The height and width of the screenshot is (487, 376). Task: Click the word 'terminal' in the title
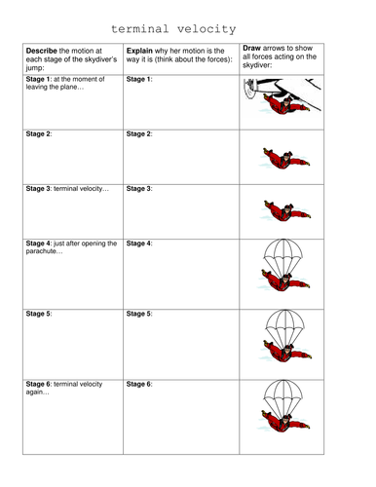click(x=140, y=29)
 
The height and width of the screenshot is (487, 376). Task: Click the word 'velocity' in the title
click(x=207, y=29)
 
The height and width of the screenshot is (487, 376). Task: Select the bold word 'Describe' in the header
click(x=42, y=51)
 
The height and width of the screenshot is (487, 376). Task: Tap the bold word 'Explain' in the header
click(x=139, y=51)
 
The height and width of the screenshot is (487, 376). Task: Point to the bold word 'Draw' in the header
click(x=251, y=48)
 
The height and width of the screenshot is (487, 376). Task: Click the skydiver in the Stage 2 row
click(x=285, y=159)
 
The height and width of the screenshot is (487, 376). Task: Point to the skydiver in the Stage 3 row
click(x=286, y=211)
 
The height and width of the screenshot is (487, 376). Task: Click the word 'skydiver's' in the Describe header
click(x=99, y=59)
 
